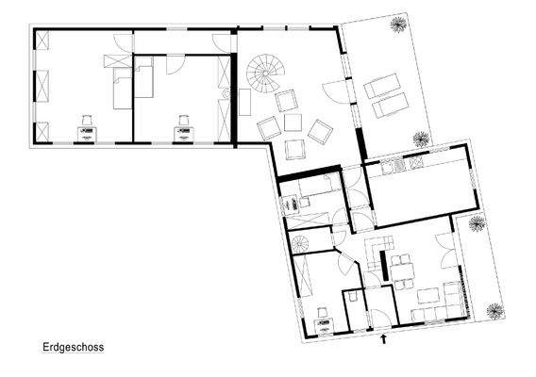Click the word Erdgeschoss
pos(73,348)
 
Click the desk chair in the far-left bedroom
pos(87,120)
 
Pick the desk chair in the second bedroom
pos(184,121)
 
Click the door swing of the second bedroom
pos(176,63)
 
